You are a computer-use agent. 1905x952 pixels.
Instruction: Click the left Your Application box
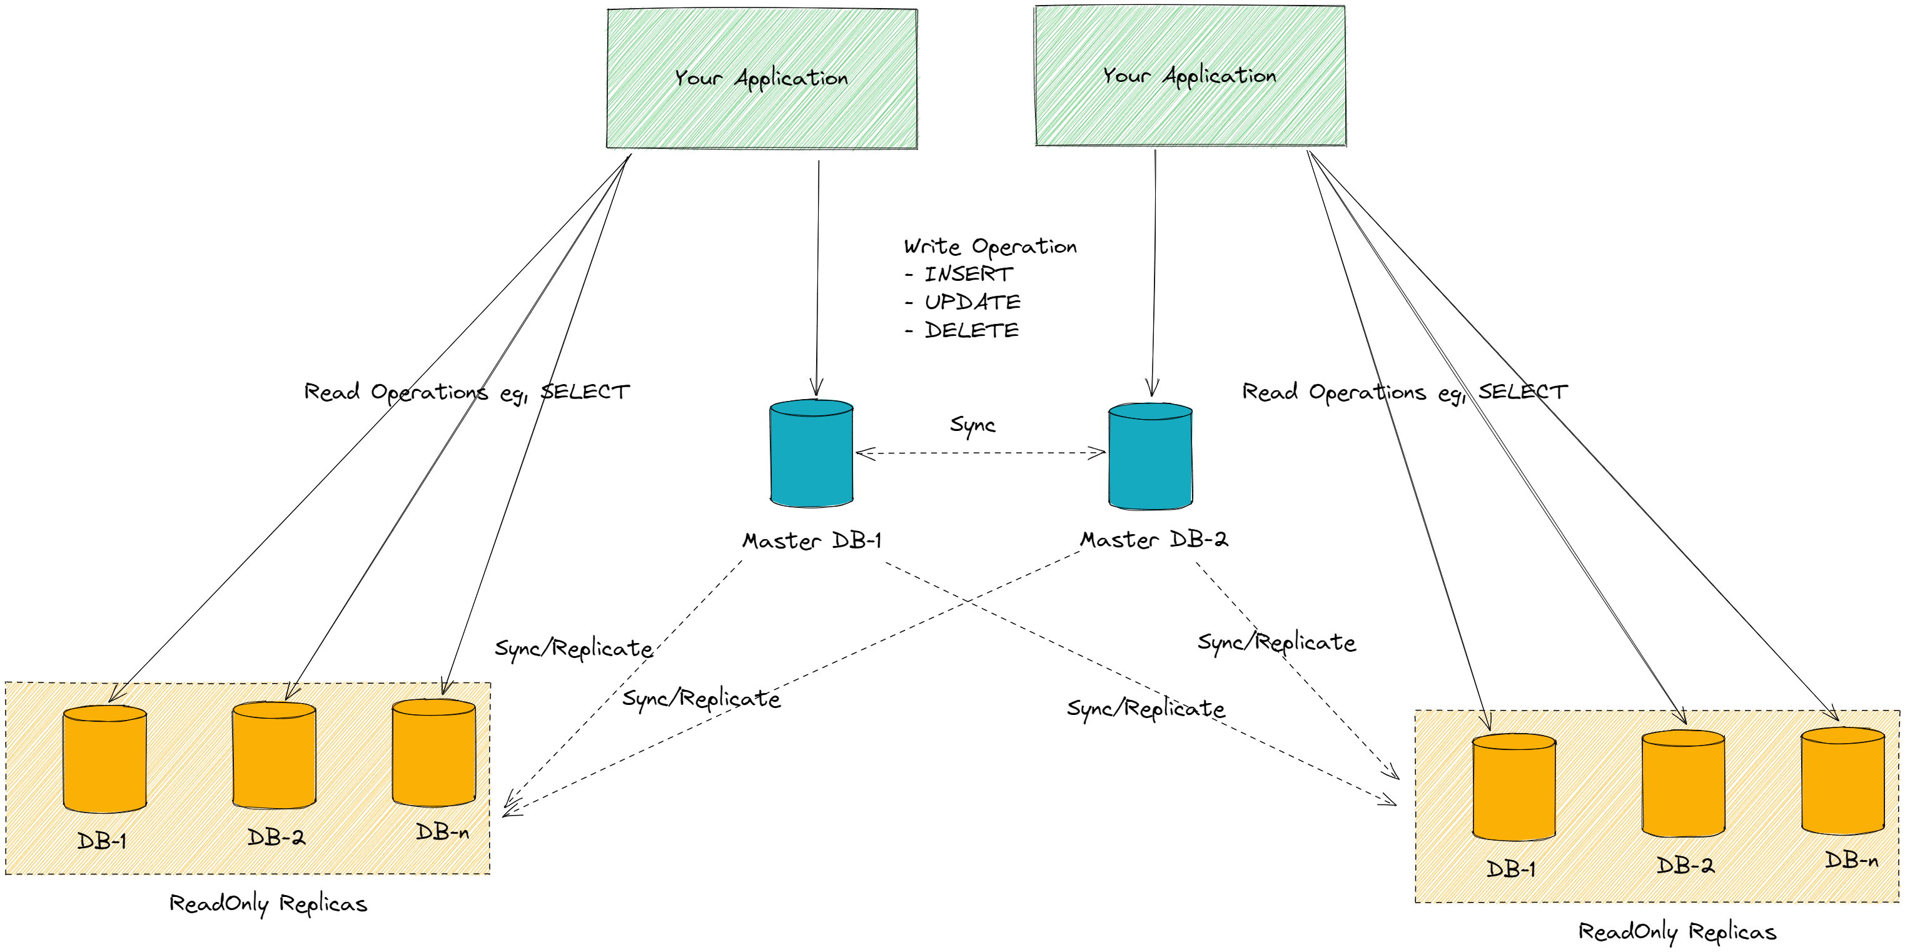tap(762, 78)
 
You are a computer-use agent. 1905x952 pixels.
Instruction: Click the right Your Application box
tap(1190, 76)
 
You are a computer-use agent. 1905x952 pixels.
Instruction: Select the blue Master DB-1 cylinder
tap(811, 453)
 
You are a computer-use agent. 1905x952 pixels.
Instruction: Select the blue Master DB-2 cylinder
tap(1150, 457)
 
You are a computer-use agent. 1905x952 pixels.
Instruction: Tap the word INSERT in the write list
tap(968, 275)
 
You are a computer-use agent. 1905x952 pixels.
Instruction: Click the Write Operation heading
tap(990, 246)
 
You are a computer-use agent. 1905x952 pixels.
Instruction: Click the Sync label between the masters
tap(973, 425)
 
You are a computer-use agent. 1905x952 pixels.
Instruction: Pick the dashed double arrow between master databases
tap(980, 453)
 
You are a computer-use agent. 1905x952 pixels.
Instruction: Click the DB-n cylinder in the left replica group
tap(433, 752)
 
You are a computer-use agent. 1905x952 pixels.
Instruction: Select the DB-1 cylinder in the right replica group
tap(1513, 787)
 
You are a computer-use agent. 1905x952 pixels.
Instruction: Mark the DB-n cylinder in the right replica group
tap(1842, 781)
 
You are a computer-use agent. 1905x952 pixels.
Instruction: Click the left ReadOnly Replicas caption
tap(268, 904)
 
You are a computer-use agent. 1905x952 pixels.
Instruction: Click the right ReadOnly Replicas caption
tap(1677, 932)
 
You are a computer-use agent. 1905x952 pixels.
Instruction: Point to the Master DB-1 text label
tap(812, 540)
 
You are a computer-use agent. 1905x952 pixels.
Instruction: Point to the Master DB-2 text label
tap(1154, 540)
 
